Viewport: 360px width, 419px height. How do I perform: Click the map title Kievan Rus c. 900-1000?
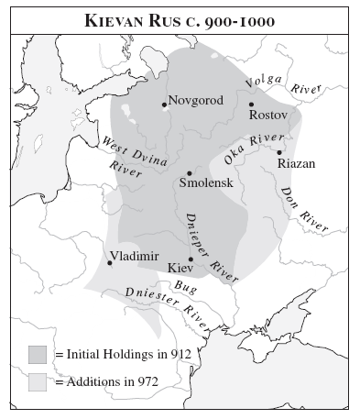click(180, 19)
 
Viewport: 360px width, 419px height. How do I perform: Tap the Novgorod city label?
click(196, 100)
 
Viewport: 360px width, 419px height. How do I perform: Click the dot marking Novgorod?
click(164, 105)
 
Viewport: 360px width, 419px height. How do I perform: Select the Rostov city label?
click(268, 115)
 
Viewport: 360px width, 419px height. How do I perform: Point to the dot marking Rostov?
click(251, 104)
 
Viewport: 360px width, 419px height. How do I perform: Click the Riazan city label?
click(296, 163)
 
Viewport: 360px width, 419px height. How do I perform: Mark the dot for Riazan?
click(280, 152)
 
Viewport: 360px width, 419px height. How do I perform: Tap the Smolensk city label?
click(206, 183)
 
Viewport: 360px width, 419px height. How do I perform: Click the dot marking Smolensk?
click(190, 172)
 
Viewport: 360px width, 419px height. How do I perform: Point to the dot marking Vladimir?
click(110, 263)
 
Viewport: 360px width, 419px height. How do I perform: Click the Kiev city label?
click(180, 269)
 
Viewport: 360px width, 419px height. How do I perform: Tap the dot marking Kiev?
click(191, 259)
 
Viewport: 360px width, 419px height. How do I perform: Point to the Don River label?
click(302, 210)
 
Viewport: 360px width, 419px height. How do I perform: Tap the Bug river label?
click(185, 287)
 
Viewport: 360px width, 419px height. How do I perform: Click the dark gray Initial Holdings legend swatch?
click(38, 354)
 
